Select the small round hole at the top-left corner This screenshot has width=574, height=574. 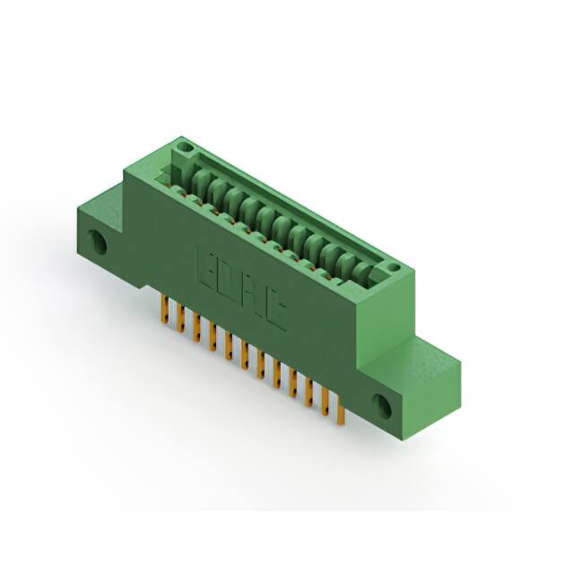tap(186, 143)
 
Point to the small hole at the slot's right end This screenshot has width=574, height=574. tap(390, 267)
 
